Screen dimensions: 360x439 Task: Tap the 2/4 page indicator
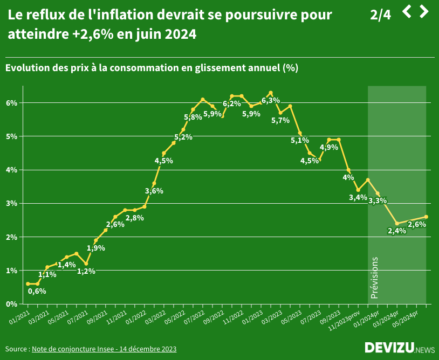coord(380,15)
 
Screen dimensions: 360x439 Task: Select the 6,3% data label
coord(270,100)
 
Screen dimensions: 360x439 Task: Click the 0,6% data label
coord(37,291)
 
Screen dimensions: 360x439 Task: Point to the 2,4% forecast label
coord(396,231)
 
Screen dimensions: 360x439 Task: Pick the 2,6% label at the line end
coord(417,224)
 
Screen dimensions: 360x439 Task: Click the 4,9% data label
coord(329,147)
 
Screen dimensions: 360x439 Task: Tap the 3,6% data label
coord(154,191)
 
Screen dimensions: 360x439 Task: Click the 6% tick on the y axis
coord(12,103)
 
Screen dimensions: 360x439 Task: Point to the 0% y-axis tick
coord(12,304)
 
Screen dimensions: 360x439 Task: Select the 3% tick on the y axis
coord(12,203)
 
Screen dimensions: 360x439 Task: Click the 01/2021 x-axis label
coord(19,315)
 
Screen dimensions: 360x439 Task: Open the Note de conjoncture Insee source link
coord(104,349)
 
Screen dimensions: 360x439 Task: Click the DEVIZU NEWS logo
coord(399,348)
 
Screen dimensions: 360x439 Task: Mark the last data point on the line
coord(426,217)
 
